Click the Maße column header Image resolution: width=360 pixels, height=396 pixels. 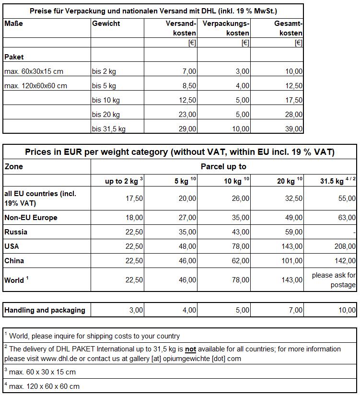[x=13, y=23]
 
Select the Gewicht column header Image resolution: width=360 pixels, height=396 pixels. [x=106, y=23]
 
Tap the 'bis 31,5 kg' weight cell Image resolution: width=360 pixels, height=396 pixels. [x=109, y=129]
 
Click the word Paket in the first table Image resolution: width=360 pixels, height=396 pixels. [x=14, y=57]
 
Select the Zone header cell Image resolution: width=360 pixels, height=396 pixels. [x=13, y=167]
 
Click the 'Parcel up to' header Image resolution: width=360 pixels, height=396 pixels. [x=223, y=167]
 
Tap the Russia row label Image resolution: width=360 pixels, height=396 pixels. [x=16, y=232]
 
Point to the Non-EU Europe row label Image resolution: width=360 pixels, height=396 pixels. [x=31, y=218]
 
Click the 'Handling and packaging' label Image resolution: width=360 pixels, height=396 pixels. [x=45, y=310]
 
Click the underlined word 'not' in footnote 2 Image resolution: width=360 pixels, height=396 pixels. [x=191, y=349]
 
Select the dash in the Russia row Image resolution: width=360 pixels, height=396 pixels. [x=354, y=232]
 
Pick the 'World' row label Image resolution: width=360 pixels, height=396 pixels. [x=14, y=280]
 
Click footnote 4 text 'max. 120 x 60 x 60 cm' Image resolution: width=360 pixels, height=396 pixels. [x=44, y=386]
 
